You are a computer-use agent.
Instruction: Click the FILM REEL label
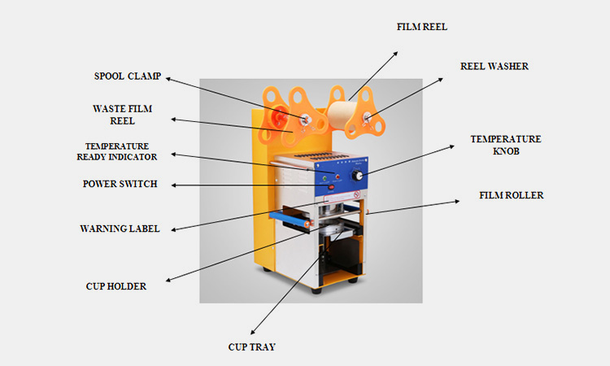(x=421, y=27)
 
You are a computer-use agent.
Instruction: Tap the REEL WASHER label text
(x=494, y=67)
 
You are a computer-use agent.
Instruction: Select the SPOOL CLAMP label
(x=128, y=76)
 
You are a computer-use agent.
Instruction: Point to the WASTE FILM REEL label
(x=123, y=115)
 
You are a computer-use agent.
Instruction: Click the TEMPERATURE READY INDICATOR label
(x=117, y=152)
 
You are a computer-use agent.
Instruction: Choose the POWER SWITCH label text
(x=120, y=184)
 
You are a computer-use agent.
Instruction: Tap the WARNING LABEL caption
(x=120, y=229)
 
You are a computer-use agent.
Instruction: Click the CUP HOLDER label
(x=116, y=286)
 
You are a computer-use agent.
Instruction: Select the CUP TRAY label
(x=251, y=347)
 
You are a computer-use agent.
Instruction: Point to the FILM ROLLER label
(x=512, y=195)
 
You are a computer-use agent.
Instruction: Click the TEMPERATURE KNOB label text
(x=506, y=145)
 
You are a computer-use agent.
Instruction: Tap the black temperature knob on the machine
(x=357, y=176)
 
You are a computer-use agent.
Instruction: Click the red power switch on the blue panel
(x=331, y=188)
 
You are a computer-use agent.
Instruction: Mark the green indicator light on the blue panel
(x=324, y=178)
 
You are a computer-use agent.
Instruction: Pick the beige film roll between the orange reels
(x=340, y=114)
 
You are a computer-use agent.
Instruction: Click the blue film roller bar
(x=290, y=219)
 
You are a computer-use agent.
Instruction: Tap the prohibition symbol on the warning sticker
(x=356, y=194)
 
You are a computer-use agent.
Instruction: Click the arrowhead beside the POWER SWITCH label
(x=173, y=185)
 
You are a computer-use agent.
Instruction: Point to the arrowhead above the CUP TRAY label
(x=253, y=332)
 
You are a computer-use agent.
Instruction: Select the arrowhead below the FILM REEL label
(x=395, y=54)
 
